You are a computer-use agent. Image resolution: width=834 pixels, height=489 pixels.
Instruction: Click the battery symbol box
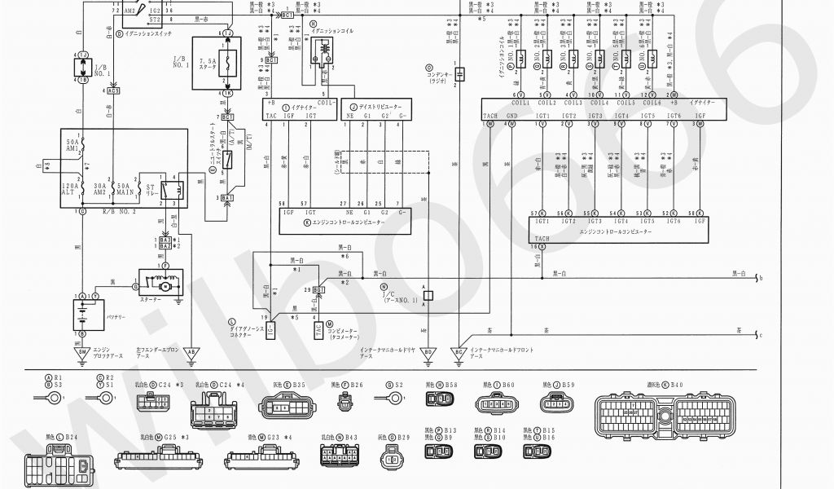click(81, 315)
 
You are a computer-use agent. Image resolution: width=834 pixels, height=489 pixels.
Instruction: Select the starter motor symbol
click(163, 286)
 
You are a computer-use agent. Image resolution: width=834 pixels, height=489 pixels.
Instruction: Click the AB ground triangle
click(191, 352)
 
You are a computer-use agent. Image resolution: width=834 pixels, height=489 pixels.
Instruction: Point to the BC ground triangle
click(459, 352)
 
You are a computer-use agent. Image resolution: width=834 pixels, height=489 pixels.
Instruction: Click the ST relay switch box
click(167, 191)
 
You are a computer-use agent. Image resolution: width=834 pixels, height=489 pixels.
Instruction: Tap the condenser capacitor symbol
click(459, 75)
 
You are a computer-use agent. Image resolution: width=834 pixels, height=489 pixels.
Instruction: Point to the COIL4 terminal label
click(599, 104)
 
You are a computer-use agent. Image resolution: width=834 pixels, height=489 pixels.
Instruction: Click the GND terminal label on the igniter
click(511, 116)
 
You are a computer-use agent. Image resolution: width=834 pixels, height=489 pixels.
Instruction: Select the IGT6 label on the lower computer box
click(673, 221)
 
